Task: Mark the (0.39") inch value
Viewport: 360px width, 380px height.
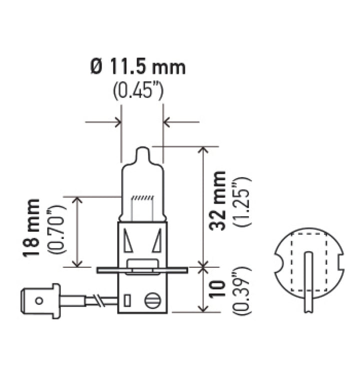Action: click(x=242, y=291)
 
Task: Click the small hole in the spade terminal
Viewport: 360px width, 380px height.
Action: click(x=39, y=301)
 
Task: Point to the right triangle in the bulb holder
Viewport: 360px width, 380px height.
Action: click(x=157, y=240)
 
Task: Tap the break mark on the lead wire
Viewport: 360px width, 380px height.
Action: click(x=102, y=301)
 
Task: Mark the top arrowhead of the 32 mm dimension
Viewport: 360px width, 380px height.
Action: click(x=203, y=151)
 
